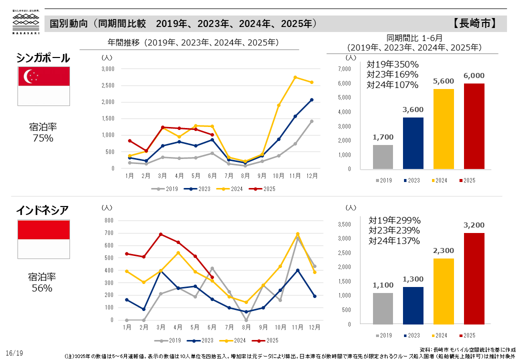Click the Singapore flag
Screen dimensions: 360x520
(43, 85)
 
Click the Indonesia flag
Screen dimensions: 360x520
(43, 238)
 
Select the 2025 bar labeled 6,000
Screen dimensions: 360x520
(474, 126)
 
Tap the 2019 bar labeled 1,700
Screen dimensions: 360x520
(383, 157)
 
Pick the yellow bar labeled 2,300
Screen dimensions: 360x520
(443, 291)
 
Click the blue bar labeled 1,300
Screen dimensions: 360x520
(413, 305)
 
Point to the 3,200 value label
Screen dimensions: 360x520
(474, 225)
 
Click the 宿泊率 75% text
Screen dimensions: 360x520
(42, 133)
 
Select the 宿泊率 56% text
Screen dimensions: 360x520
(42, 282)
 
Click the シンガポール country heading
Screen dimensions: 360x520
(43, 58)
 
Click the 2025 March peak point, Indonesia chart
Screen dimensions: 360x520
(161, 234)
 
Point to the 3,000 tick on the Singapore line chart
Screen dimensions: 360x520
(108, 68)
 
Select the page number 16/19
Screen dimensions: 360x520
(15, 353)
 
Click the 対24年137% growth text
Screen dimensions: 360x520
(394, 241)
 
